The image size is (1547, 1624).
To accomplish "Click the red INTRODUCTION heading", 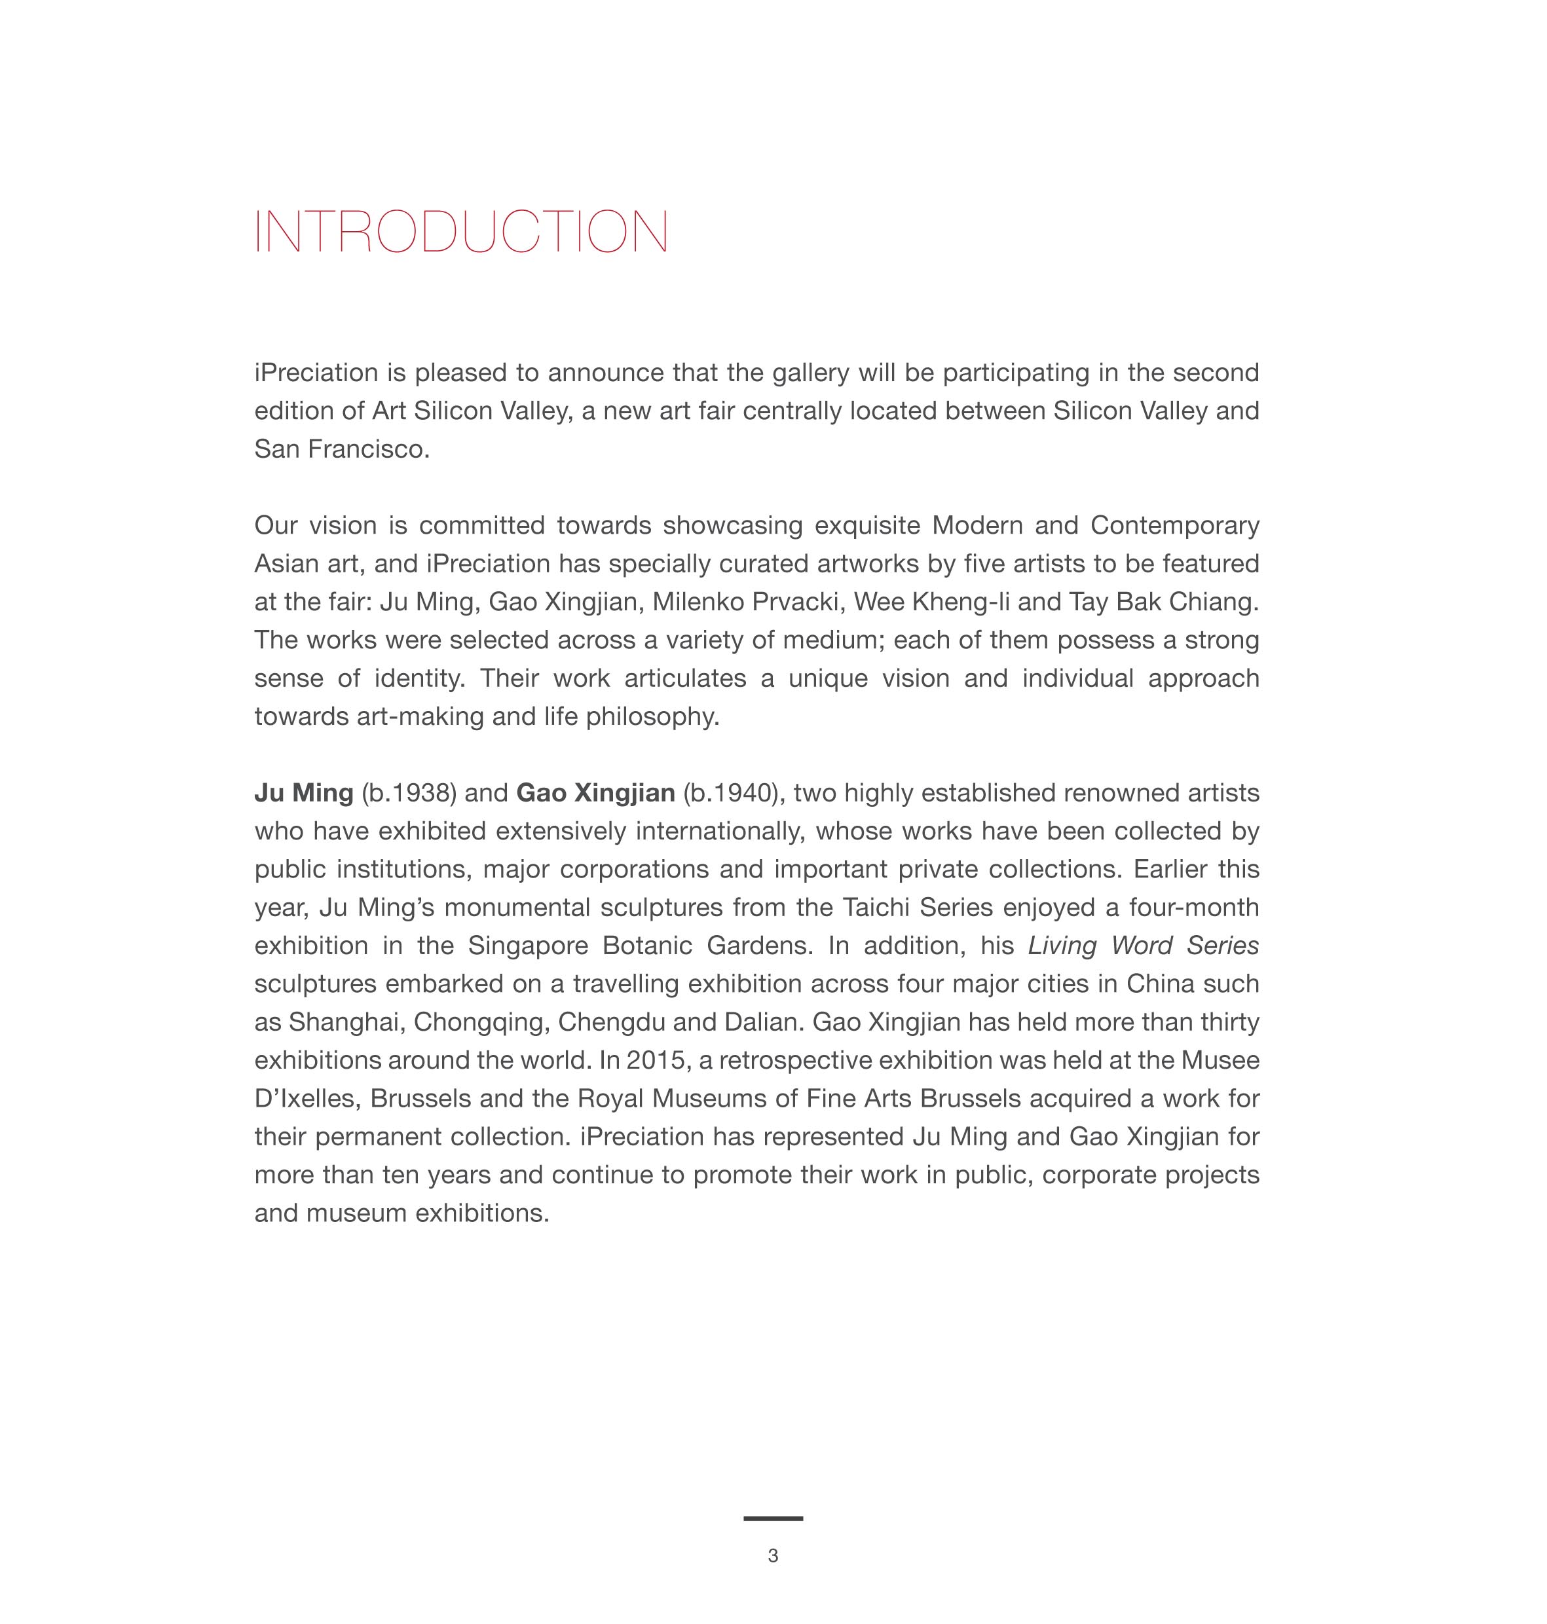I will click(461, 232).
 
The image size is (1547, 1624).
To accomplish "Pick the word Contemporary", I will click(1174, 525).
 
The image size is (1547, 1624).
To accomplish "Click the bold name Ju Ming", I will click(303, 793).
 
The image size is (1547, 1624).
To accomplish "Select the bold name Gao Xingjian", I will click(595, 793).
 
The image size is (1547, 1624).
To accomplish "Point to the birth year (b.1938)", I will click(409, 793).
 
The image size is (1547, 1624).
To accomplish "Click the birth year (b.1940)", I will click(731, 793).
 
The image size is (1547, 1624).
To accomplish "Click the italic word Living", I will click(1061, 946).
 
